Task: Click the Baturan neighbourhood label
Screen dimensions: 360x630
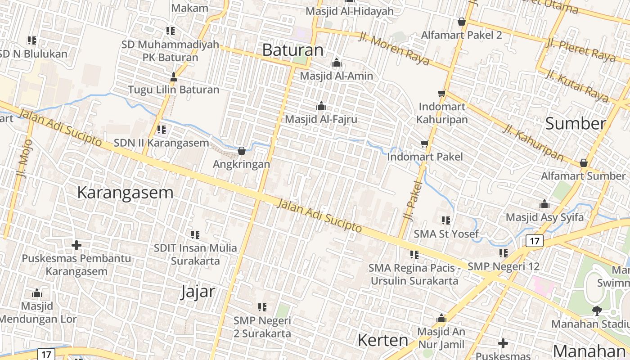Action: (x=292, y=50)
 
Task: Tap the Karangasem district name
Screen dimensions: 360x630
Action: (x=125, y=193)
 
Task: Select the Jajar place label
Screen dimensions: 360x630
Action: (x=198, y=292)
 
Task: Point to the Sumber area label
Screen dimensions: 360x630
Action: (x=576, y=124)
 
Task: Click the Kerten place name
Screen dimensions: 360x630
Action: (x=382, y=340)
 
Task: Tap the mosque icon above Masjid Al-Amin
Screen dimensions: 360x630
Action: (x=337, y=63)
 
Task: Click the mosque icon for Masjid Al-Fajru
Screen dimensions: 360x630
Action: (x=321, y=106)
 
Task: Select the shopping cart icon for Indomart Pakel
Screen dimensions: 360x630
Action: (x=424, y=144)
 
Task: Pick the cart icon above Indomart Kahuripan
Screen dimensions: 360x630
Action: (x=441, y=94)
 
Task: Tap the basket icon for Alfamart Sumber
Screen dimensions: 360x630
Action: (x=584, y=163)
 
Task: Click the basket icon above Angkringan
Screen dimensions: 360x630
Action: (x=242, y=151)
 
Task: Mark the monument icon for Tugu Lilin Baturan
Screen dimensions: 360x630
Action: (x=174, y=77)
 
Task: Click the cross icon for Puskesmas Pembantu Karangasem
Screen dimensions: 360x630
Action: (x=76, y=245)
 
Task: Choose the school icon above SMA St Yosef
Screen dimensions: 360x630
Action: (x=446, y=220)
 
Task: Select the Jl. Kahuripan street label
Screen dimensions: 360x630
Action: (x=533, y=143)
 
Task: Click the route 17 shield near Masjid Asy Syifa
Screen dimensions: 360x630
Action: (x=534, y=241)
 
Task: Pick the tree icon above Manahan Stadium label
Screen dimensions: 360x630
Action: (x=597, y=310)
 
